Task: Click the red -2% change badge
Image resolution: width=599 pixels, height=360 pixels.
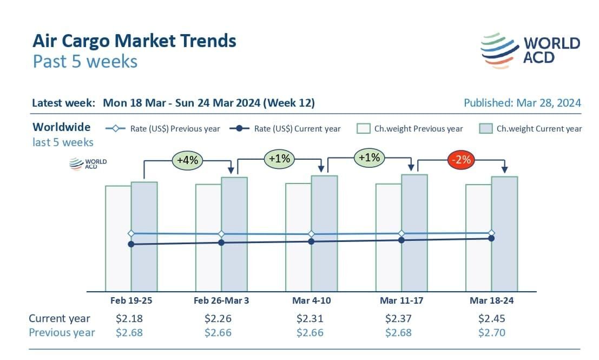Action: coord(461,160)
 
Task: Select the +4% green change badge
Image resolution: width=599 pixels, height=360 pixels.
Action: coord(187,160)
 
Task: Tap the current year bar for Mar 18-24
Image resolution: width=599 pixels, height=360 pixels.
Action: coord(504,260)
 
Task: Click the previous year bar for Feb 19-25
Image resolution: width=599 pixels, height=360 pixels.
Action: coord(118,260)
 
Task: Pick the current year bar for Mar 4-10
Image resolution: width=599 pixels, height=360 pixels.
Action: coord(324,265)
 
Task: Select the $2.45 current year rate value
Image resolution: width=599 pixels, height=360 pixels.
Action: coord(492,318)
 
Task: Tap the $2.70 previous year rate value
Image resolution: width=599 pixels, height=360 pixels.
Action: coord(492,332)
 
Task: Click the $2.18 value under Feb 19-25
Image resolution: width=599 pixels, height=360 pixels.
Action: coord(129,318)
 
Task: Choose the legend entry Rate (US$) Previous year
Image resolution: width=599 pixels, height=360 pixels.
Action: coord(163,128)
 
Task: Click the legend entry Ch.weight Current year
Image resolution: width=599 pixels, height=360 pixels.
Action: coord(531,128)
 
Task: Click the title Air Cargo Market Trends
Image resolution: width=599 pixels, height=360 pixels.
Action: coord(134,41)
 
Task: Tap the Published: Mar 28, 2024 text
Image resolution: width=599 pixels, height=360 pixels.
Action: coord(522,103)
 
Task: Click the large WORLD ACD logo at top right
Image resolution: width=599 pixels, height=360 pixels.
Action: coord(530,50)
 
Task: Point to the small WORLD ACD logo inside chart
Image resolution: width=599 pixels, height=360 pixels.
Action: coord(88,164)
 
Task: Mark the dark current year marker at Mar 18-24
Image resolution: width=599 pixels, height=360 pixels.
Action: coord(491,238)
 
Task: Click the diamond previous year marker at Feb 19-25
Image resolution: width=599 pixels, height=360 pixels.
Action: coord(131,233)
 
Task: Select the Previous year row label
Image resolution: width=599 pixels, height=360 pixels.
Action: coord(62,332)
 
